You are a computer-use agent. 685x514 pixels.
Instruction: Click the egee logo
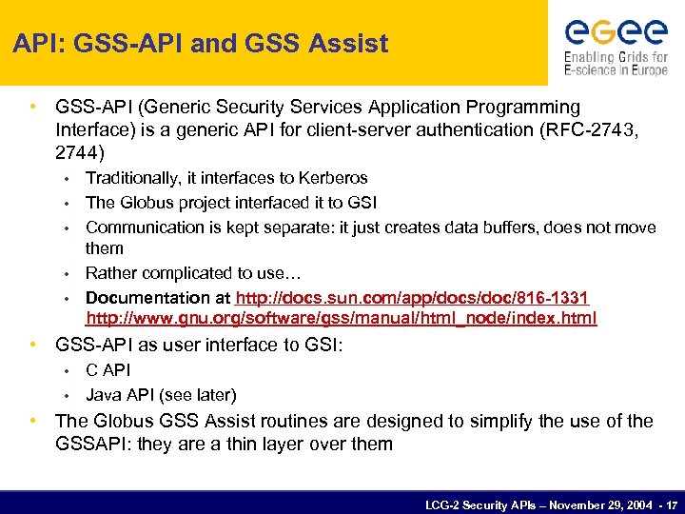[x=616, y=32]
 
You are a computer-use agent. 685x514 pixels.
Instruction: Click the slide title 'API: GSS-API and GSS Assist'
[x=201, y=44]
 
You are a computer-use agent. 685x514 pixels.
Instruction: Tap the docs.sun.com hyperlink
[x=413, y=298]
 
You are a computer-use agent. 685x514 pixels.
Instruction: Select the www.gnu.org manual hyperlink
[x=341, y=318]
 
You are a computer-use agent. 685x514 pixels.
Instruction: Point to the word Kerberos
[x=333, y=178]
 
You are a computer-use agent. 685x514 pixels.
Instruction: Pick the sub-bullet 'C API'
[x=108, y=370]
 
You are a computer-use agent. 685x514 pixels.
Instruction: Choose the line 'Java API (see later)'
[x=161, y=394]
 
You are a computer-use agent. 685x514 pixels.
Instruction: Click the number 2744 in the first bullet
[x=76, y=152]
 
